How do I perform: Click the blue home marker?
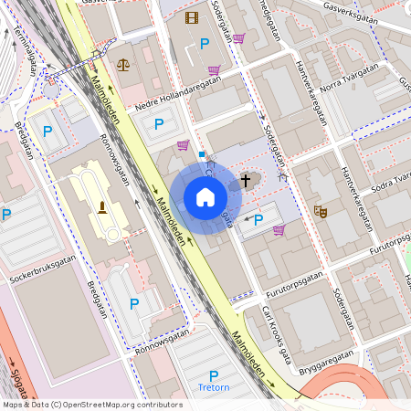tap(205, 197)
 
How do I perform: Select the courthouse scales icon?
tap(123, 66)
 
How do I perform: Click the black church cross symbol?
tap(246, 180)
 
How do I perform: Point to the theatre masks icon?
tap(321, 210)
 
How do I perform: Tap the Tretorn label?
tap(214, 387)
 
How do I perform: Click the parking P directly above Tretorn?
tap(214, 374)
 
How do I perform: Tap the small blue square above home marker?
tap(202, 154)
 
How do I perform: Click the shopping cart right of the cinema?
tap(238, 37)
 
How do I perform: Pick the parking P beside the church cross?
tap(258, 219)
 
